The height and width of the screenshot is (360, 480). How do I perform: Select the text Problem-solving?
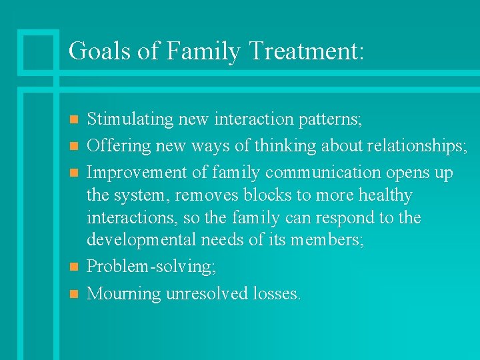click(x=149, y=267)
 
